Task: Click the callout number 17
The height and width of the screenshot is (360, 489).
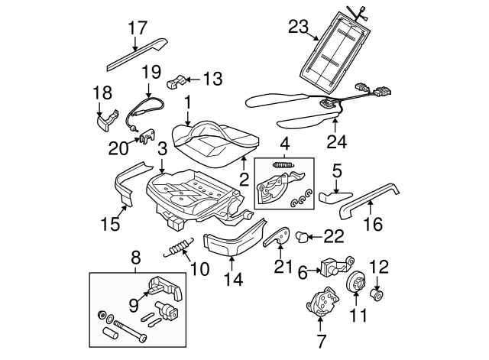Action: tap(136, 28)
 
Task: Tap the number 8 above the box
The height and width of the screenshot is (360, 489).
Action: tap(136, 258)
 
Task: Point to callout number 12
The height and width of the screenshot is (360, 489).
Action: tap(379, 267)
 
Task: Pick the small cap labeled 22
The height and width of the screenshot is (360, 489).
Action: tap(302, 237)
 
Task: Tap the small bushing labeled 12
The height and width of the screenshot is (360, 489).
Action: tap(377, 294)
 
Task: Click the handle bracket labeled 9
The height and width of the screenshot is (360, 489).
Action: tap(164, 288)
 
